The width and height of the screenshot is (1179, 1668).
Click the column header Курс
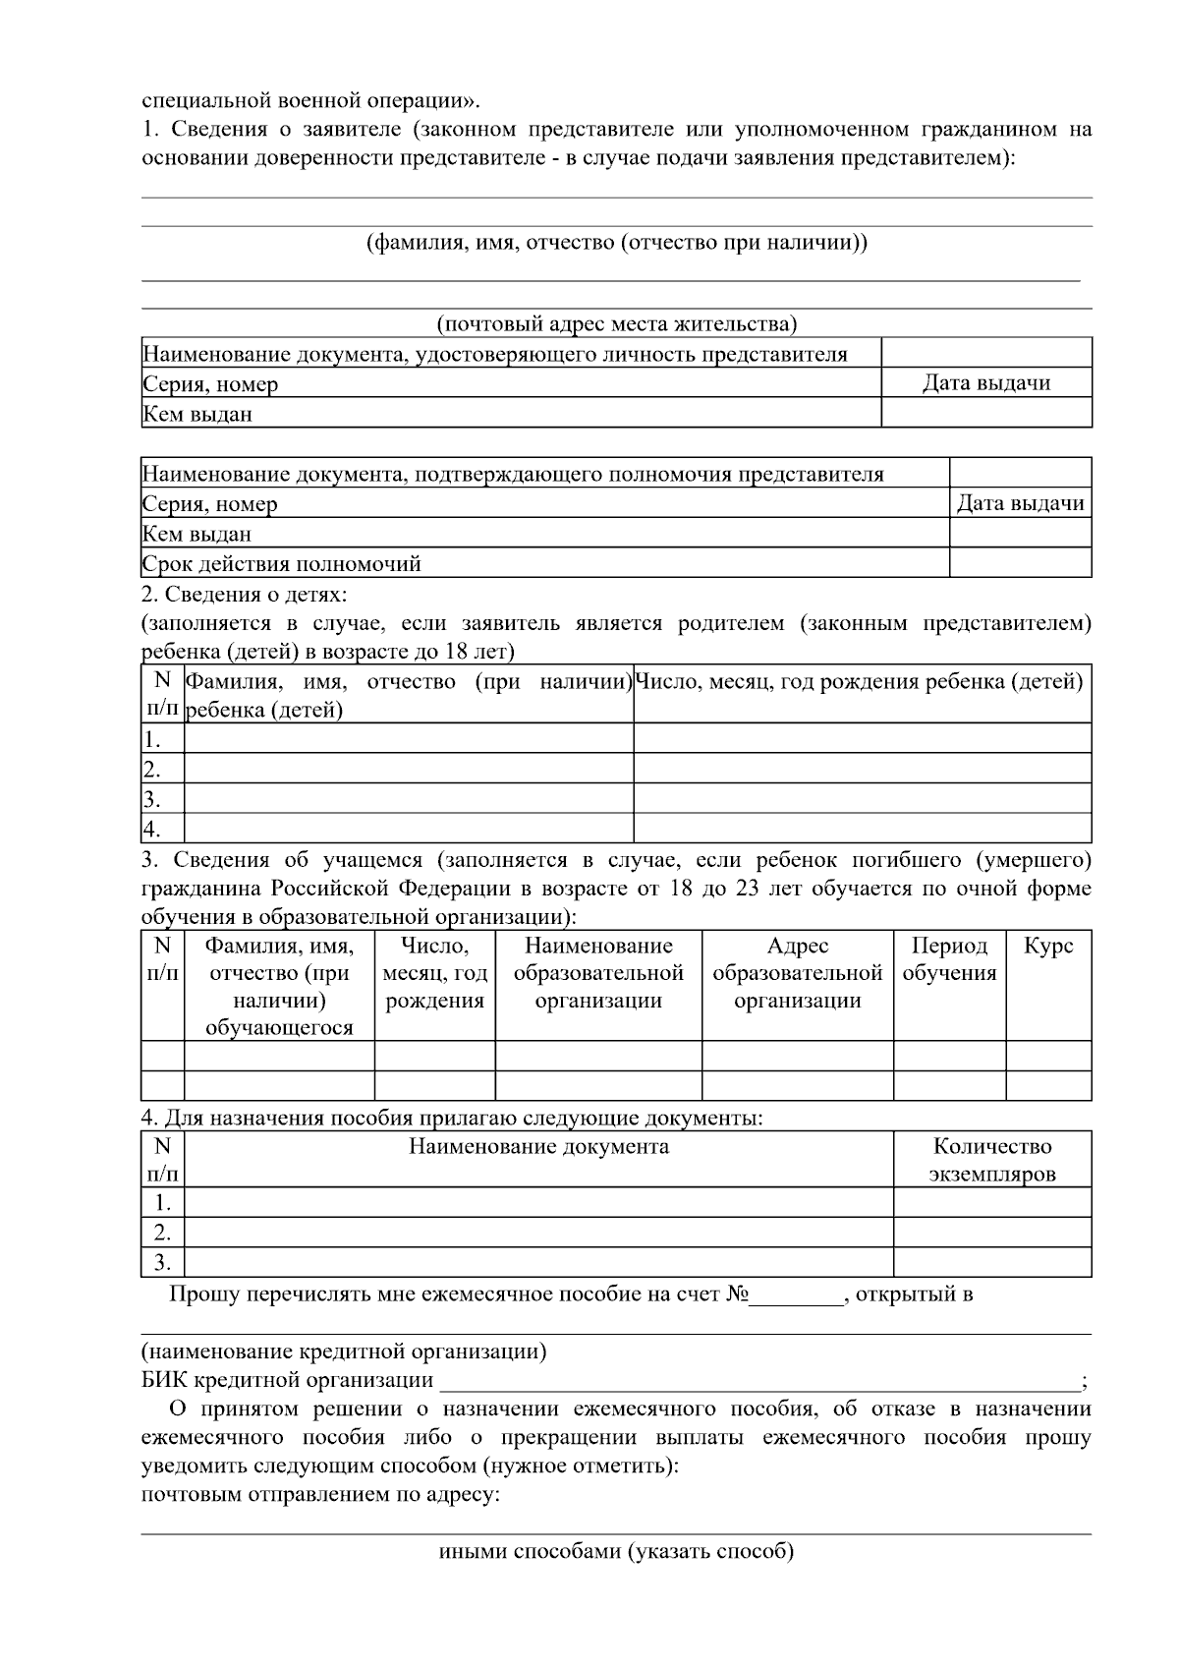coord(1047,947)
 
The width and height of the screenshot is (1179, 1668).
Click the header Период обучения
coord(949,960)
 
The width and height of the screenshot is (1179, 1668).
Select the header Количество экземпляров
coord(991,1160)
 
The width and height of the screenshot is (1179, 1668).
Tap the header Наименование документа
coord(538,1147)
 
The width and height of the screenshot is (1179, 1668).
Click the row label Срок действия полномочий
coord(282,564)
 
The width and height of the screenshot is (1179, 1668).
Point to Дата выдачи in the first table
coord(985,383)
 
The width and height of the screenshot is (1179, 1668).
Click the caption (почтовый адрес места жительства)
coord(616,324)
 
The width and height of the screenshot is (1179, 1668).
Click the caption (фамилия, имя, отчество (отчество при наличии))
coord(616,243)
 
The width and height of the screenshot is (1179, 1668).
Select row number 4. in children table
coord(152,828)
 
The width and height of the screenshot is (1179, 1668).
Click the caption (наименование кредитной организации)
coord(344,1351)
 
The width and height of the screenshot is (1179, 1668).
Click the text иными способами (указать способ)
coord(616,1552)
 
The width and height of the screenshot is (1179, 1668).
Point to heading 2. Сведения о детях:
coord(245,595)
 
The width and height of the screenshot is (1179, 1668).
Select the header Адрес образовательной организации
coord(797,974)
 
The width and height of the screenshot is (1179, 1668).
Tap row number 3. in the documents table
coord(162,1263)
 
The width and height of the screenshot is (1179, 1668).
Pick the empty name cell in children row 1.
coord(409,739)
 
